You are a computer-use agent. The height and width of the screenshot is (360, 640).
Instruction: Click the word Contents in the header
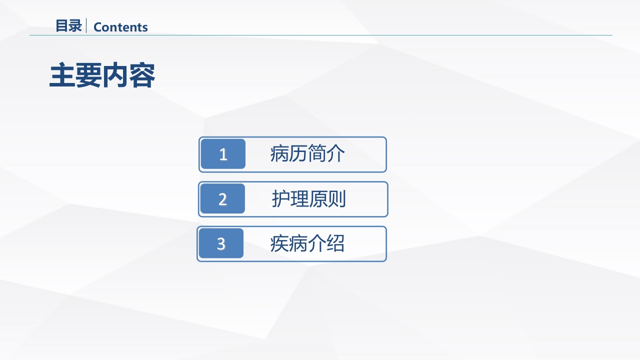(120, 27)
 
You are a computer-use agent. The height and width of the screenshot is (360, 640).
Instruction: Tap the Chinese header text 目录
(68, 26)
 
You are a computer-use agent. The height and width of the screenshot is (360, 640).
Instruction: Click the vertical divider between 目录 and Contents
(86, 26)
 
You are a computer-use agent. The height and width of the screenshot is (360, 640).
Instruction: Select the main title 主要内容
(102, 75)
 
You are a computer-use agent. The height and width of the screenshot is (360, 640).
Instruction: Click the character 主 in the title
(62, 75)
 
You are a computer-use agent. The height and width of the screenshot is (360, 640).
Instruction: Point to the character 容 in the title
(142, 75)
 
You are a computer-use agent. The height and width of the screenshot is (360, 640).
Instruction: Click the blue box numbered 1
(223, 154)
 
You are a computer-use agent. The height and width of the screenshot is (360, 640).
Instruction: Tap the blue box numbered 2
(222, 199)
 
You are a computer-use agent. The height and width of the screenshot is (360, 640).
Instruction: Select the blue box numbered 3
(221, 243)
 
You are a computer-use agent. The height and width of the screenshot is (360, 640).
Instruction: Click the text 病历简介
(307, 154)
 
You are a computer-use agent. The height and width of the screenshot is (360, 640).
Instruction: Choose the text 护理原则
(308, 199)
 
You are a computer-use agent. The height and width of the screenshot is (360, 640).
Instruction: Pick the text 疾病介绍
(307, 244)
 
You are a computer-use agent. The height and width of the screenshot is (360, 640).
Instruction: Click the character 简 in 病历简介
(316, 154)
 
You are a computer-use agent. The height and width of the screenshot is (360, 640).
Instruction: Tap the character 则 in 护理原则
(336, 199)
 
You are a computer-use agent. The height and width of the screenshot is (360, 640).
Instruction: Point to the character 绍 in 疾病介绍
(335, 244)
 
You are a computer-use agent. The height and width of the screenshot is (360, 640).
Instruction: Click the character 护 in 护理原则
(281, 199)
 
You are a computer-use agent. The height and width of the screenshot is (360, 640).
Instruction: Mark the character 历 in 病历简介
(298, 154)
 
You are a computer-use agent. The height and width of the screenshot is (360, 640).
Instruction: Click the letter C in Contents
(97, 27)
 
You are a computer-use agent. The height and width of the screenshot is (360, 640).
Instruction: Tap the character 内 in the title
(115, 75)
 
